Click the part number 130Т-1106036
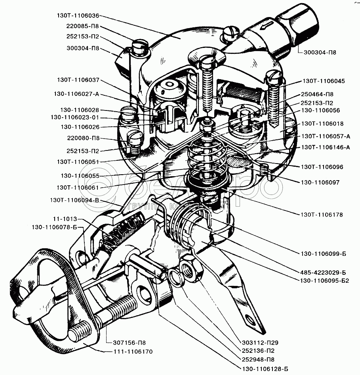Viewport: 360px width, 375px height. pyautogui.click(x=78, y=16)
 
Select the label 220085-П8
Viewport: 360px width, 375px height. pyautogui.click(x=82, y=26)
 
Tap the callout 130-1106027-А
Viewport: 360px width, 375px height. pyautogui.click(x=76, y=94)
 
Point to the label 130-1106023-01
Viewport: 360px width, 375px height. pyautogui.click(x=75, y=118)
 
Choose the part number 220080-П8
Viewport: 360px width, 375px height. pyautogui.click(x=83, y=138)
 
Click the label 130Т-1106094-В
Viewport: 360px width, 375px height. pyautogui.click(x=74, y=200)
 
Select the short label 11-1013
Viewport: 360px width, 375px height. pyautogui.click(x=65, y=219)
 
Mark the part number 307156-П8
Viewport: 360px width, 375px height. pyautogui.click(x=130, y=343)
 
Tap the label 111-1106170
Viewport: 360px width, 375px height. pyautogui.click(x=133, y=352)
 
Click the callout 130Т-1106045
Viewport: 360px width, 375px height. pyautogui.click(x=324, y=81)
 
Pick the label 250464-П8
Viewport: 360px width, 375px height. pyautogui.click(x=317, y=94)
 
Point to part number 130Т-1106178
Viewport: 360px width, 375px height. pyautogui.click(x=322, y=215)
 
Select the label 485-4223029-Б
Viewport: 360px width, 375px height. pyautogui.click(x=323, y=272)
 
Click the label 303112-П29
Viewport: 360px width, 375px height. pyautogui.click(x=260, y=343)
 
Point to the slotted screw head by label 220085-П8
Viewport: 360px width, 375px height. pyautogui.click(x=140, y=47)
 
